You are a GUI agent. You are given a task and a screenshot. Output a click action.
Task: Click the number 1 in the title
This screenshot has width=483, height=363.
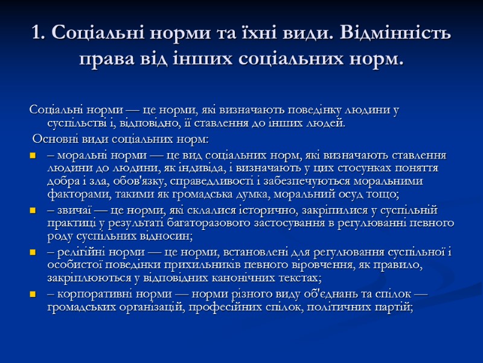coord(35,34)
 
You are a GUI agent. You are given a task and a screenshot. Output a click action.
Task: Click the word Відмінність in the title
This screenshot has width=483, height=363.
coord(393,34)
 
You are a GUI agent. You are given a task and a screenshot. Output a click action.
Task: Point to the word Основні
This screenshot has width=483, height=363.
coord(54,140)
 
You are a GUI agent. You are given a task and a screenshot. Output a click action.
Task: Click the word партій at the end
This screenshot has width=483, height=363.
coord(395,307)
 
